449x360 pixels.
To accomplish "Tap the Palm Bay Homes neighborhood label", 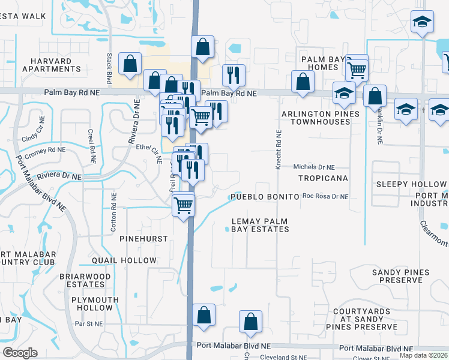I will tap(324, 63).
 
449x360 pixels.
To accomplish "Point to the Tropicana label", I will tap(323, 179).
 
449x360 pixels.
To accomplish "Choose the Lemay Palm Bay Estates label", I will tap(261, 225).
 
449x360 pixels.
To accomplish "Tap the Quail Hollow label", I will tap(124, 260).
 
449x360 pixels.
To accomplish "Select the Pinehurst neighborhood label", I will tap(143, 239).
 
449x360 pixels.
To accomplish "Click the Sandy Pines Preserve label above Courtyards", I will tap(400, 277).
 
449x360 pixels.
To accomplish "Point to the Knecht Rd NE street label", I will tap(279, 149).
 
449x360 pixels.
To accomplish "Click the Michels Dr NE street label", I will tap(314, 167).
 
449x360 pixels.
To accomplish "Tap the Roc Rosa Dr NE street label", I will tap(325, 196).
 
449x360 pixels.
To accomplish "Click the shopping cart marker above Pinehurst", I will tap(184, 205).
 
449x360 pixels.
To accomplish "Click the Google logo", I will tap(20, 353).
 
